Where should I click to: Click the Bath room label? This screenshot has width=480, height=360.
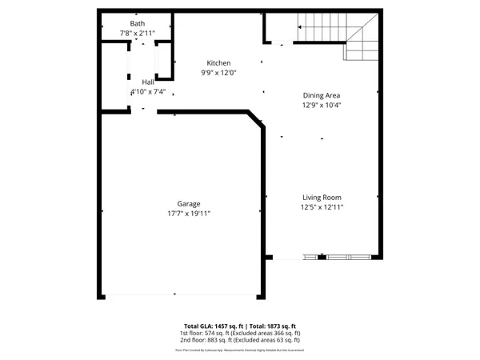click(137, 23)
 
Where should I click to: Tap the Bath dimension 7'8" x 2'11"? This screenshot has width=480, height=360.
click(137, 34)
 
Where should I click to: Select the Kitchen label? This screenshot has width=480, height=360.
click(218, 63)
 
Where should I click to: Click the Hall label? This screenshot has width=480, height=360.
click(148, 82)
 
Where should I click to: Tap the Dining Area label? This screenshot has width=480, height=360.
click(322, 94)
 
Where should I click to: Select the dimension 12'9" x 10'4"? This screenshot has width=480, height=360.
click(322, 105)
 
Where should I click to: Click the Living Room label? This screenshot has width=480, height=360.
click(322, 198)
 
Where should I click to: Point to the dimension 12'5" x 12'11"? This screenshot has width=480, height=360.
click(322, 208)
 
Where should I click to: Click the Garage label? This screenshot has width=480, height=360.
click(189, 203)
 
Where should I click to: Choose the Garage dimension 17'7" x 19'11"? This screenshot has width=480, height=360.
click(189, 214)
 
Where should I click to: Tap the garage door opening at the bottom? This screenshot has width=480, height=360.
click(180, 296)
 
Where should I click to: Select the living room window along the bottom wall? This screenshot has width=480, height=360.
click(336, 258)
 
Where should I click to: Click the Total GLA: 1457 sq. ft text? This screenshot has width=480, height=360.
click(213, 326)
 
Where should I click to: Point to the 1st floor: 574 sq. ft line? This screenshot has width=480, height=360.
click(240, 334)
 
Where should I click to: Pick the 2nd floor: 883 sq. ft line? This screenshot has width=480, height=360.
click(240, 341)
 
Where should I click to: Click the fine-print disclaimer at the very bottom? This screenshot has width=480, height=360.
click(240, 350)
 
